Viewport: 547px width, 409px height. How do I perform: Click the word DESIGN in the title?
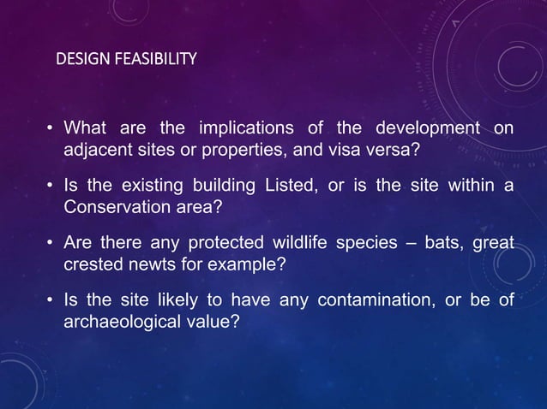[x=76, y=59]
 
